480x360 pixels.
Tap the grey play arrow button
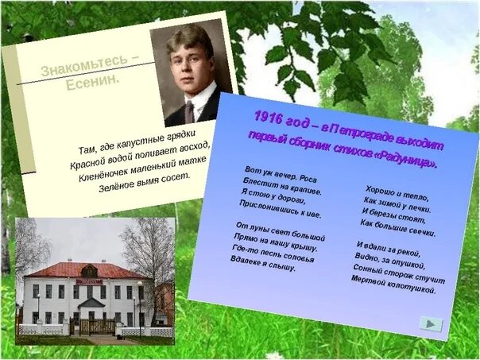(x=431, y=323)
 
